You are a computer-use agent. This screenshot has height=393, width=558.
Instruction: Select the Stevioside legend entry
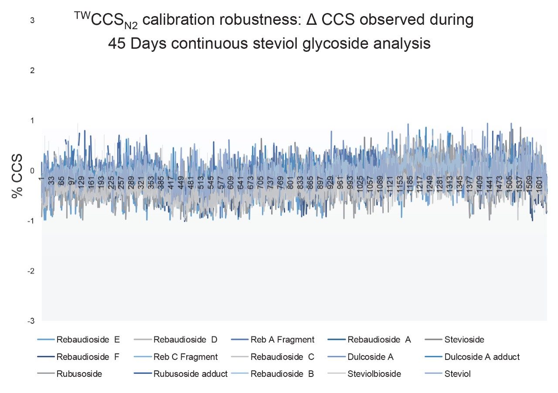coord(464,339)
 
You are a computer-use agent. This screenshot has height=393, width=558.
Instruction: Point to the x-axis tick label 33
coord(51,181)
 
